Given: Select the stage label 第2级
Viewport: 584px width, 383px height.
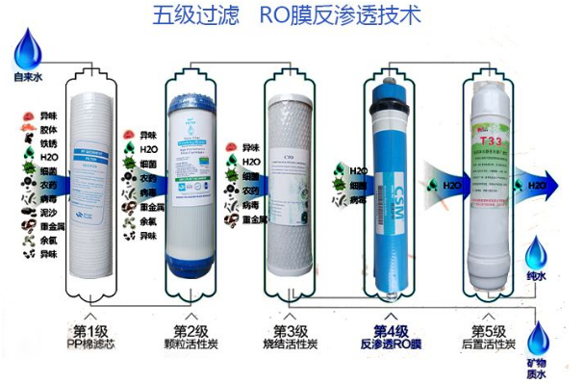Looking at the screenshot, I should (x=193, y=330).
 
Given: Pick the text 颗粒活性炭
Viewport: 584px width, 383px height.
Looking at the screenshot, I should (x=193, y=345).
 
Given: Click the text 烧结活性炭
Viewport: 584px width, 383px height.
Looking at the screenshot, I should (x=291, y=345).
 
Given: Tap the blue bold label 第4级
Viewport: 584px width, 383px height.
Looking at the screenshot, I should (x=392, y=330).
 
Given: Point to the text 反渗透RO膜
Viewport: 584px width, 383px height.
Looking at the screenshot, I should (x=392, y=345).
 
